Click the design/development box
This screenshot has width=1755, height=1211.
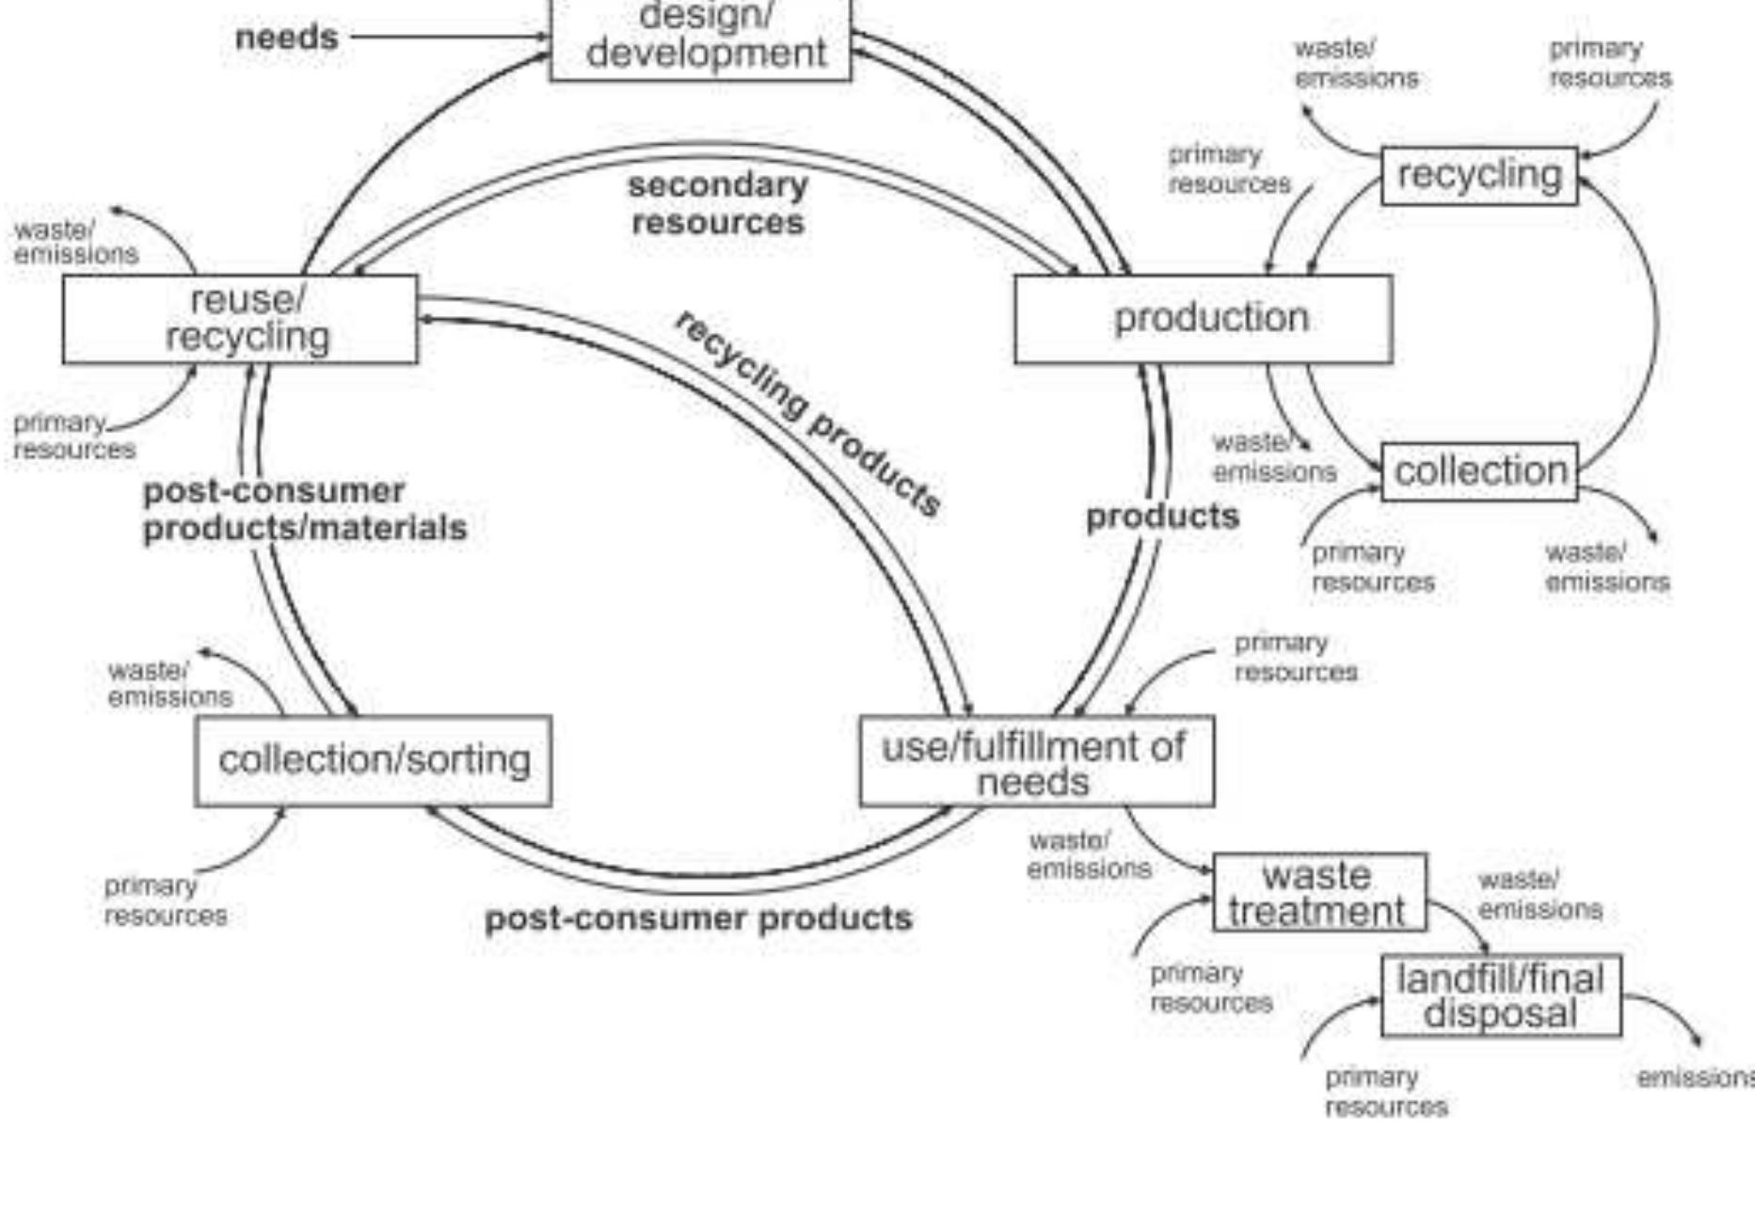point(701,38)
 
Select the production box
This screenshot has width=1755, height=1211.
point(1204,319)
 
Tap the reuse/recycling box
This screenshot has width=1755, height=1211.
point(241,319)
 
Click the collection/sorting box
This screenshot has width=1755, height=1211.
point(374,760)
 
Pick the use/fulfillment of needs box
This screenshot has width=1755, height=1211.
point(1036,761)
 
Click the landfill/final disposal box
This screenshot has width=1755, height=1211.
point(1501,996)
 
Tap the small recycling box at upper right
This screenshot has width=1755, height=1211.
point(1479,175)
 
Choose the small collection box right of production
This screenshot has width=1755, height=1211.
point(1479,471)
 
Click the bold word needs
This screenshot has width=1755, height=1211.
point(286,38)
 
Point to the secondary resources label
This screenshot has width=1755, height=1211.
point(717,204)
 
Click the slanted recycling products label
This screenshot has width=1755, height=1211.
point(809,414)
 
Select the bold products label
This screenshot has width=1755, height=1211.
point(1162,517)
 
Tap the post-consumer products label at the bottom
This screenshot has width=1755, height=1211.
point(698,918)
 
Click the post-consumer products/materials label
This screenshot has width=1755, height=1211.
point(303,510)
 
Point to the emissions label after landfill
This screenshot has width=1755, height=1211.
point(1694,1077)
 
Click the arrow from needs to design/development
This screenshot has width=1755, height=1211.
point(447,38)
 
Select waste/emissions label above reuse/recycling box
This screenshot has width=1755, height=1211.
point(75,243)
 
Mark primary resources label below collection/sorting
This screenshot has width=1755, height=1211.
point(165,900)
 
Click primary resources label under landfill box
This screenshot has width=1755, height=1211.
point(1385,1091)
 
